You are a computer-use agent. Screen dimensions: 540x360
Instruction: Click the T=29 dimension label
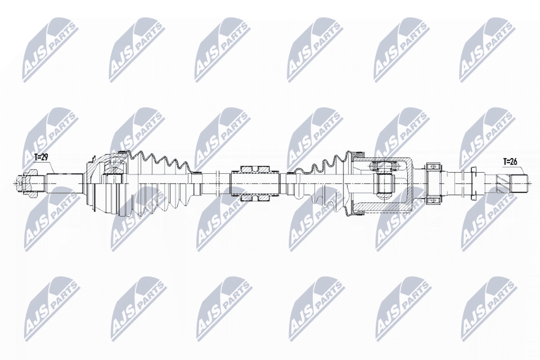[40, 158]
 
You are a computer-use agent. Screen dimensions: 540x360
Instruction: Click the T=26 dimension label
[510, 161]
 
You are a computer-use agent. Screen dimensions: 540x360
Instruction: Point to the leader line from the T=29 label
[50, 167]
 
